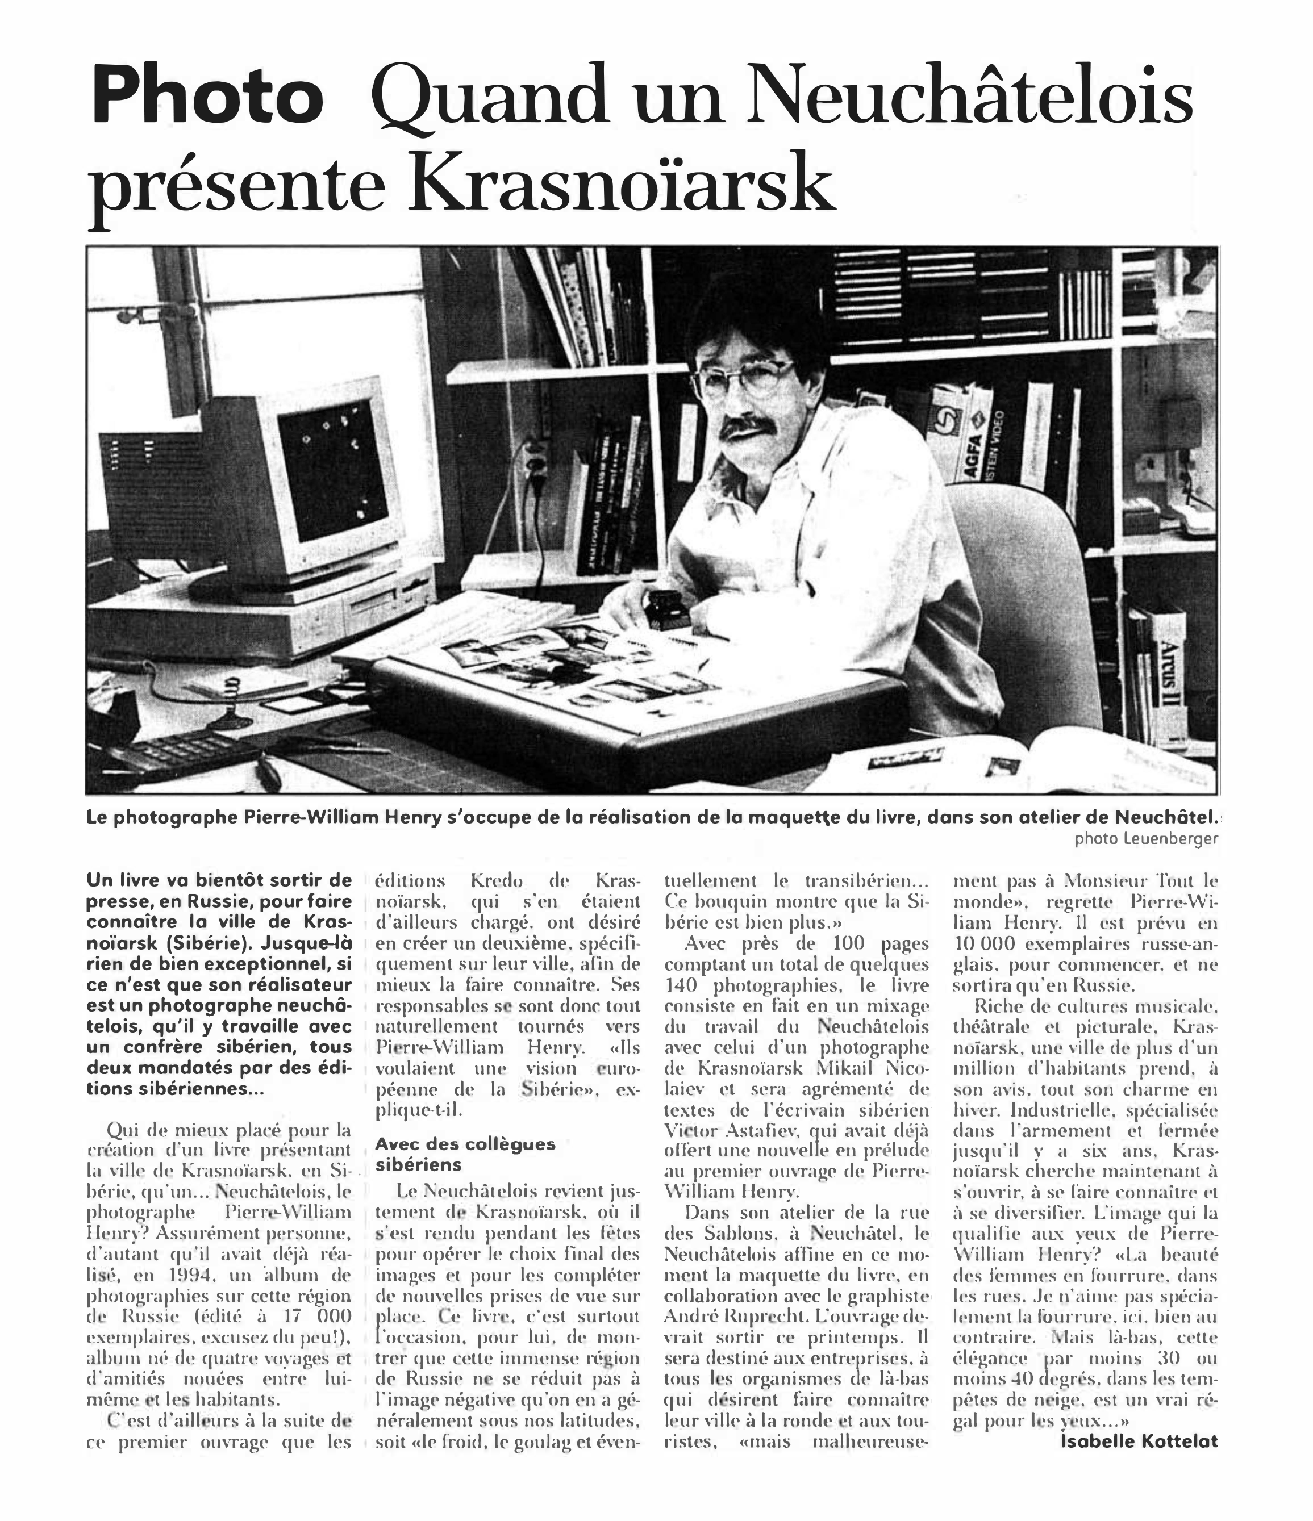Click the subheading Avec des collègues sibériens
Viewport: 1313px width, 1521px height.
click(464, 1154)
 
